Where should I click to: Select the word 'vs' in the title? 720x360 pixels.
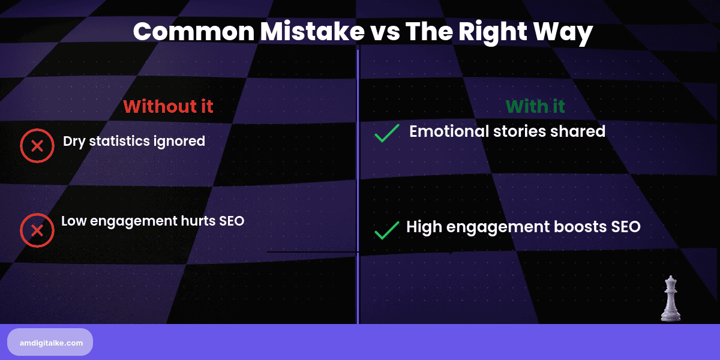click(385, 32)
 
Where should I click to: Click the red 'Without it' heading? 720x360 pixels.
click(168, 106)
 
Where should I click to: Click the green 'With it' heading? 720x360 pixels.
click(535, 106)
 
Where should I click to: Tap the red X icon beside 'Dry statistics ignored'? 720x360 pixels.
click(37, 146)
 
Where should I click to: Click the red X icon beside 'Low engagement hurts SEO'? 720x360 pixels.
click(37, 230)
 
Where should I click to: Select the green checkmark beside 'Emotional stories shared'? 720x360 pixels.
click(387, 134)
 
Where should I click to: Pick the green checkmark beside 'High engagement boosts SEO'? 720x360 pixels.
click(387, 230)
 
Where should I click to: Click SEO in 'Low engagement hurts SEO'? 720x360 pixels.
click(231, 221)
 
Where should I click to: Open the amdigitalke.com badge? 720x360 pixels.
click(50, 342)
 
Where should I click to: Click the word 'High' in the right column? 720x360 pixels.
click(422, 227)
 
